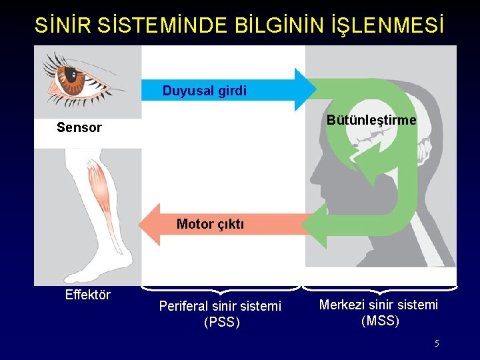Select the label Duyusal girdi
(x=204, y=91)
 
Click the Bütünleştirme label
(x=371, y=120)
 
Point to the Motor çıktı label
(x=210, y=224)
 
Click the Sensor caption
(x=79, y=127)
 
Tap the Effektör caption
(x=88, y=295)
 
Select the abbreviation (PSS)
(x=221, y=322)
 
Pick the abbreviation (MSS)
(x=380, y=321)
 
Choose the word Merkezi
(x=343, y=305)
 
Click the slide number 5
(x=437, y=343)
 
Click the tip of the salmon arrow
(x=141, y=224)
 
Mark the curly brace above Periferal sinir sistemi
(x=221, y=289)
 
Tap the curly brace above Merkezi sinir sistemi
(x=380, y=289)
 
